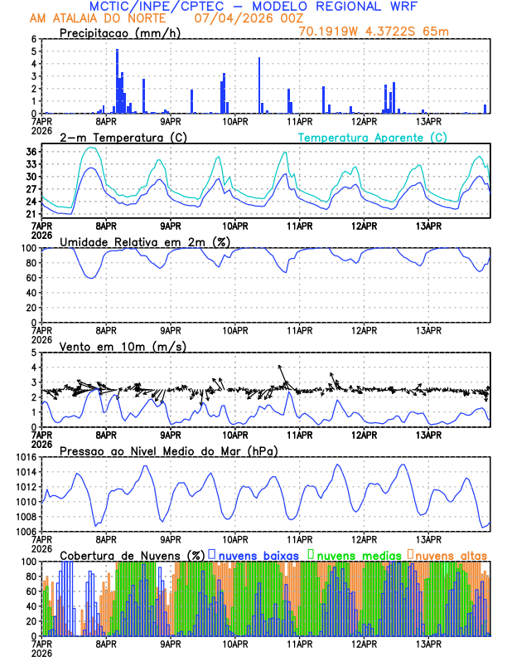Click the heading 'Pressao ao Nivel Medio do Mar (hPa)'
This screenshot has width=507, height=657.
coord(168,450)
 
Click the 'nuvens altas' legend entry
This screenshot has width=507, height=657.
coord(449,554)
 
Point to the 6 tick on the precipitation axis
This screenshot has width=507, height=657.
coord(34,39)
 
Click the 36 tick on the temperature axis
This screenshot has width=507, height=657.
coord(31,152)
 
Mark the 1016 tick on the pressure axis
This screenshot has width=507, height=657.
coord(27,457)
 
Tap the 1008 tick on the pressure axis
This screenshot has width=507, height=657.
coord(27,517)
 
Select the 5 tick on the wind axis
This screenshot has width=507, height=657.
coord(34,353)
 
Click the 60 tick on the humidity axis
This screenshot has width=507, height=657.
coord(31,278)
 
